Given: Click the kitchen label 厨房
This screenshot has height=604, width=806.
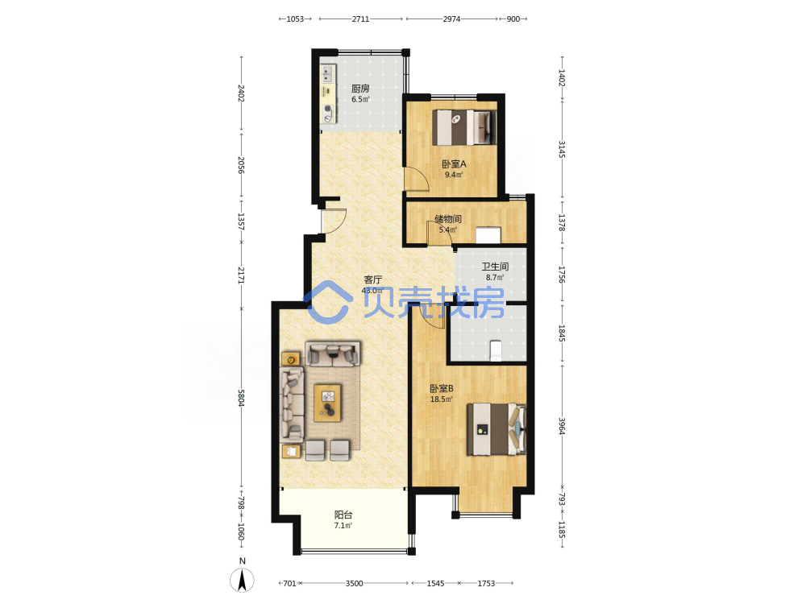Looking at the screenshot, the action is click(x=360, y=89).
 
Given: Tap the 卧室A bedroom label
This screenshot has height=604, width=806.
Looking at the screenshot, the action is click(x=454, y=163).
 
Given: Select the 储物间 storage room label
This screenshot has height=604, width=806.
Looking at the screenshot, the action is click(x=447, y=219).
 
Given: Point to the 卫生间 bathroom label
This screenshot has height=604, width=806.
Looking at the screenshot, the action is click(x=495, y=267).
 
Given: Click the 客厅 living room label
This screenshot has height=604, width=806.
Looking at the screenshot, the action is click(x=372, y=279).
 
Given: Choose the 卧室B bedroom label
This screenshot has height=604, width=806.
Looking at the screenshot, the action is click(x=442, y=388).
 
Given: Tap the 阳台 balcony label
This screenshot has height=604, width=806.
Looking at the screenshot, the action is click(x=343, y=515).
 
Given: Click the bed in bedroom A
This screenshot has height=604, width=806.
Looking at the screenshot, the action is click(x=464, y=127).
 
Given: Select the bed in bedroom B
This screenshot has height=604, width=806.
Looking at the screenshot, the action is click(x=496, y=429).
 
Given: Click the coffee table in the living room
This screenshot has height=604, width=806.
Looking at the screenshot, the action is click(x=327, y=403).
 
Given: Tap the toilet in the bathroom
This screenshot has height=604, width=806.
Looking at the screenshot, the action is click(x=496, y=351).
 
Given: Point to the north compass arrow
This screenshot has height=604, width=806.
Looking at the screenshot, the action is click(x=242, y=580).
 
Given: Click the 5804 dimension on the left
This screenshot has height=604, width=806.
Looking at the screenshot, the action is click(x=240, y=398).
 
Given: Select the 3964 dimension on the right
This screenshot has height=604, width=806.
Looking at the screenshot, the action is click(x=562, y=426).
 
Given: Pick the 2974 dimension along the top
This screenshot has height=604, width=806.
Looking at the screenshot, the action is click(x=452, y=19).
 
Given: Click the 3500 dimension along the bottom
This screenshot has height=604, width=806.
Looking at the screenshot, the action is click(x=354, y=583).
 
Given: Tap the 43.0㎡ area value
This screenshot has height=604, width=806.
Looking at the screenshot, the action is click(x=372, y=290).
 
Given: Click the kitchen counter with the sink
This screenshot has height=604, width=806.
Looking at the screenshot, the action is click(x=328, y=93).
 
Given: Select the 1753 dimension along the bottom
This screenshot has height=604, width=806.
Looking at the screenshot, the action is click(x=486, y=583).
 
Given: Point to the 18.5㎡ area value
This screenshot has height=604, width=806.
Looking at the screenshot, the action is click(x=441, y=399).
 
